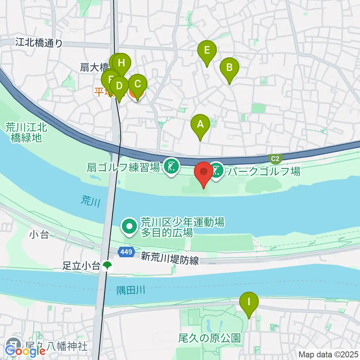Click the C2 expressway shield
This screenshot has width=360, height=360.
point(276,159)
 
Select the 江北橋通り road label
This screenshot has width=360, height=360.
point(39,43)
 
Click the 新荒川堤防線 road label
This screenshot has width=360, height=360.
point(170,258)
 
